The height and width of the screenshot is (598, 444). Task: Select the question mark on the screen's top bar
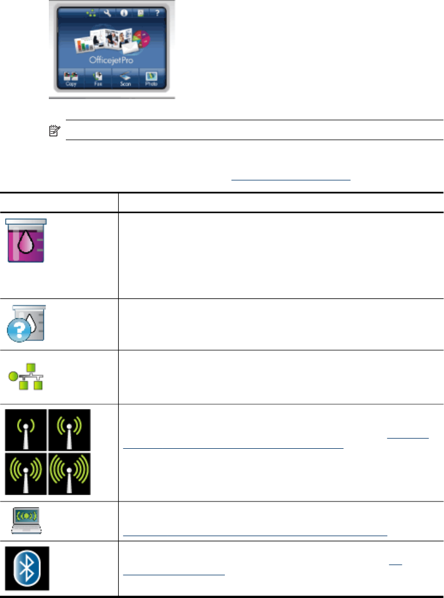pos(155,11)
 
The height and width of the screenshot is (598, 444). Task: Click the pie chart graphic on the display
pos(145,40)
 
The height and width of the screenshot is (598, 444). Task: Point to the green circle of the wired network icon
pos(12,377)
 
